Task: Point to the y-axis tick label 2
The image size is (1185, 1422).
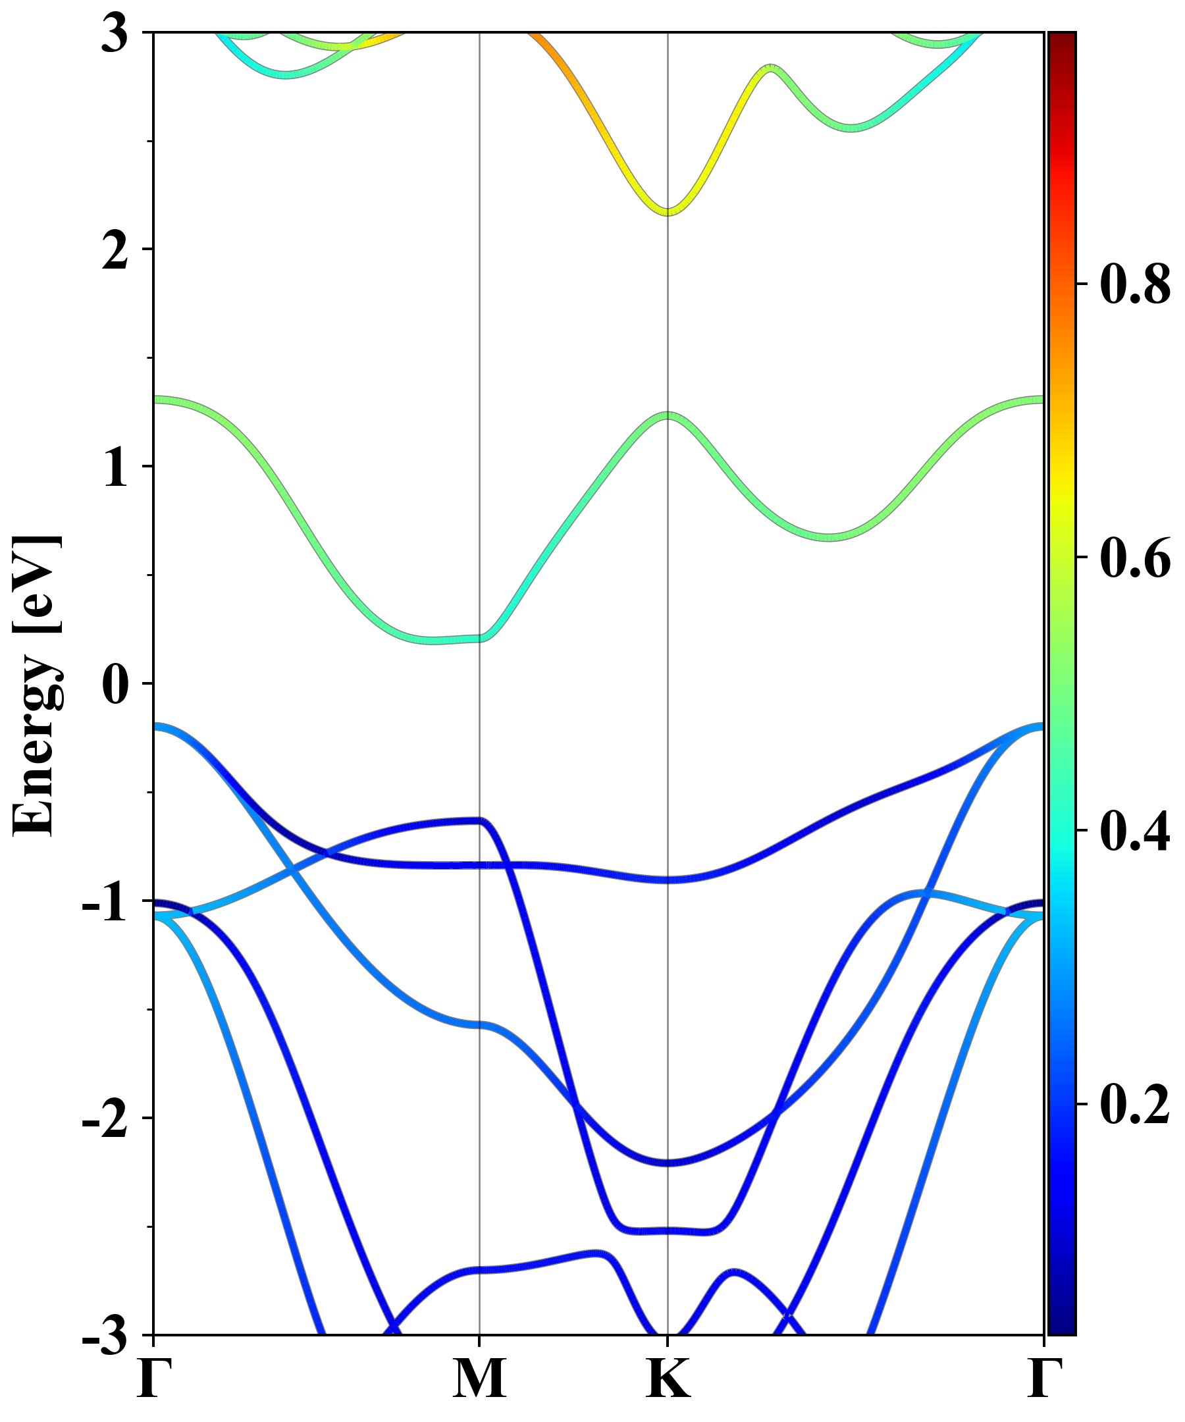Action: pyautogui.click(x=115, y=252)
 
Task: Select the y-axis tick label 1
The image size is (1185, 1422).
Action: pyautogui.click(x=115, y=468)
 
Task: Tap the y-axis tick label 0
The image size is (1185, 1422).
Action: pyautogui.click(x=115, y=685)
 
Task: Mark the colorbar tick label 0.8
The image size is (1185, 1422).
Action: pyautogui.click(x=1135, y=283)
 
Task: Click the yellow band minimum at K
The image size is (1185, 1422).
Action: pyautogui.click(x=668, y=211)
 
